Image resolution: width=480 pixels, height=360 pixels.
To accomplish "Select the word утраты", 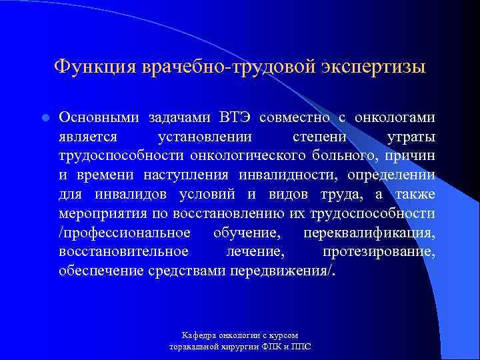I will [x=412, y=137].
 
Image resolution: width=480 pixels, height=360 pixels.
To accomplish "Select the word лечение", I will [x=256, y=253].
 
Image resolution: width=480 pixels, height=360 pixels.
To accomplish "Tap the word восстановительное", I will [x=123, y=253].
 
